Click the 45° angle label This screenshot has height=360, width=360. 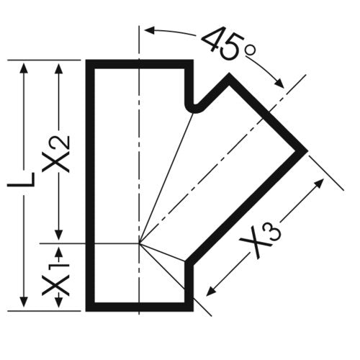click(x=228, y=43)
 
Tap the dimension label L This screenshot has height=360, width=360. click(x=21, y=179)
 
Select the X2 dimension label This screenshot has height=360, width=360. click(x=55, y=154)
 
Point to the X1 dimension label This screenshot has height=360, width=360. click(x=55, y=279)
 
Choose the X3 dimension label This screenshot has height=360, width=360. click(x=261, y=238)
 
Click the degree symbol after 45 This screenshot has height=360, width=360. click(x=250, y=50)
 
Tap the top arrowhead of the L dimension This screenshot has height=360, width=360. click(x=24, y=68)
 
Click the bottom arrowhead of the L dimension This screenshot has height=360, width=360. click(x=24, y=302)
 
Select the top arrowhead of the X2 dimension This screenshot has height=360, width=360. click(x=59, y=68)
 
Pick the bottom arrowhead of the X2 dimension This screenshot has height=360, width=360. click(x=59, y=235)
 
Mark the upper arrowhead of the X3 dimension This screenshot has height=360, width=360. click(x=320, y=183)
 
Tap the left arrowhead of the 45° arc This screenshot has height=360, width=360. click(x=149, y=30)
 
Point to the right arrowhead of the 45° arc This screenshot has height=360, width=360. click(x=279, y=84)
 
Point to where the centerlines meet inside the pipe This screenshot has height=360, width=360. click(x=139, y=243)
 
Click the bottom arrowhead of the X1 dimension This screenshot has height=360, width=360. click(x=59, y=302)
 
